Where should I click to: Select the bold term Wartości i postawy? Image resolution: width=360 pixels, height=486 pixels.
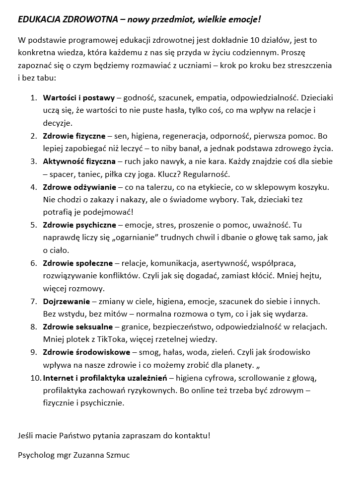78,97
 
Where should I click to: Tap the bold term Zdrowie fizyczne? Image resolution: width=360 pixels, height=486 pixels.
74,136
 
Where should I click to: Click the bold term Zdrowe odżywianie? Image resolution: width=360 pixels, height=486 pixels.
79,187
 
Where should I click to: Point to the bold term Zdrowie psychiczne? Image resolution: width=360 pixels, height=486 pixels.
78,226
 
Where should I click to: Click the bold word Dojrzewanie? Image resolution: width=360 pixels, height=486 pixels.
67,302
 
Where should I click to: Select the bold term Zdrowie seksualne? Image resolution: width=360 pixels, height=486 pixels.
78,327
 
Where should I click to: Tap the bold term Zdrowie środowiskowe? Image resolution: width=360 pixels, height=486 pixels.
86,352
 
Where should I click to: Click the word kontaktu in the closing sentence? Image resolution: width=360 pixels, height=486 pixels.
192,435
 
